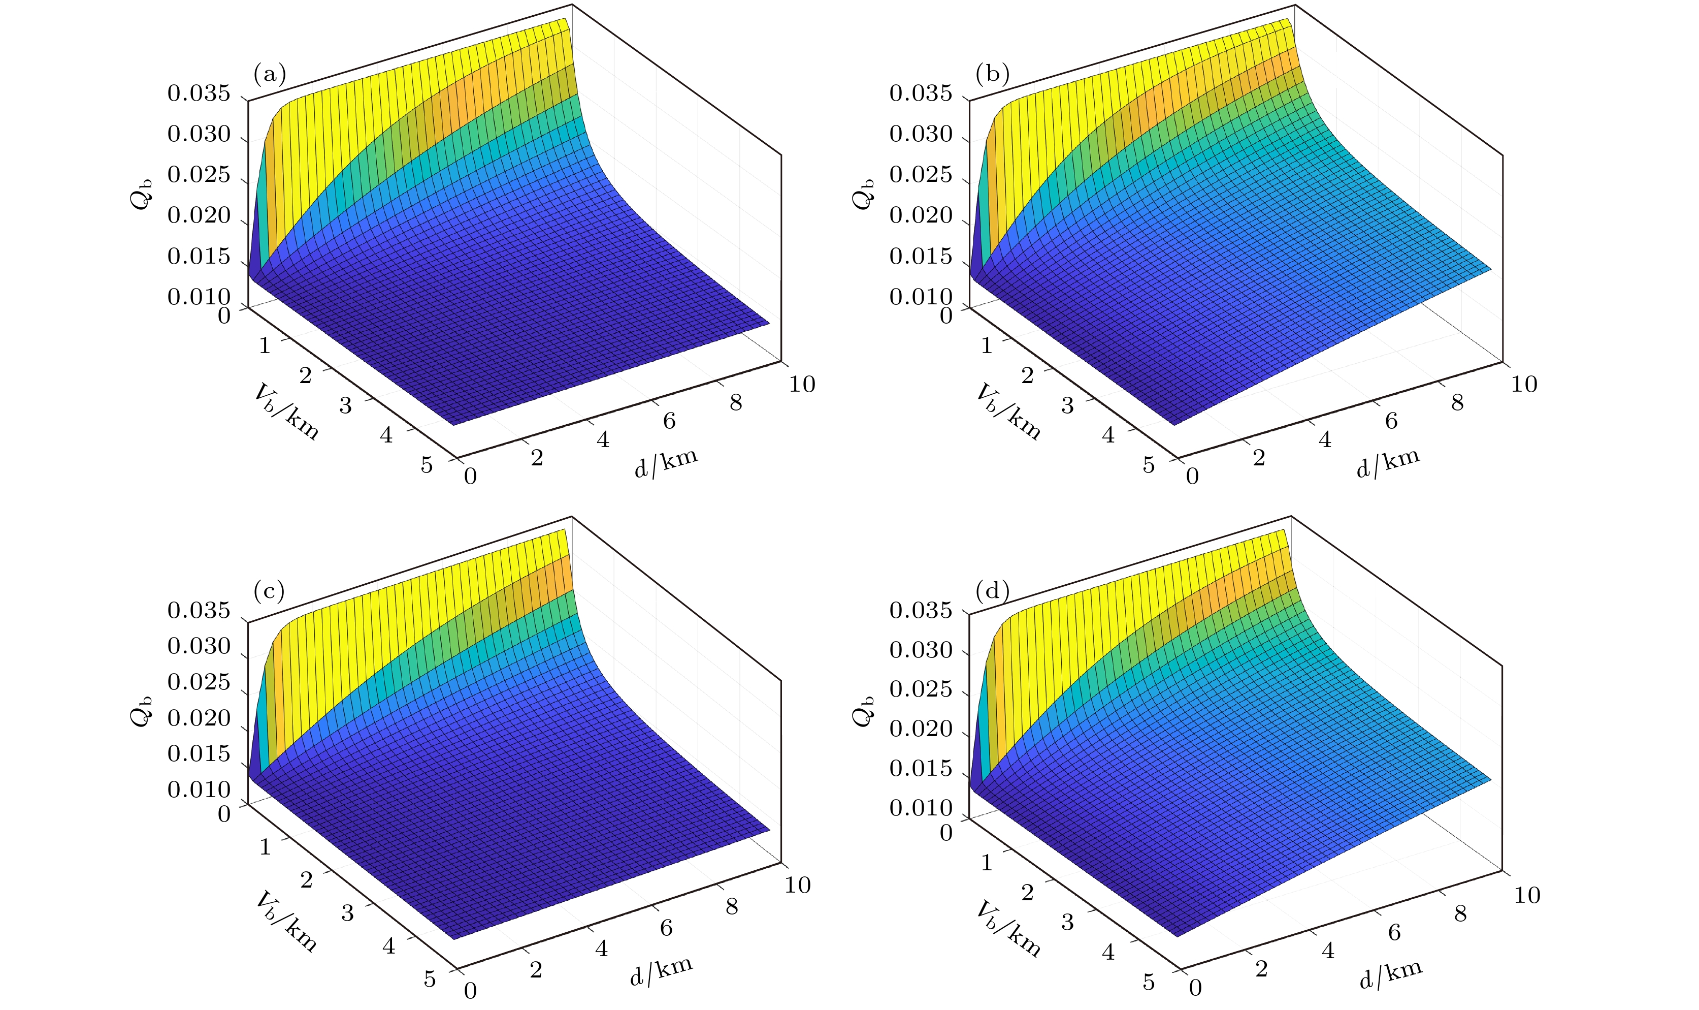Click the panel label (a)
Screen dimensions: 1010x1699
tap(269, 74)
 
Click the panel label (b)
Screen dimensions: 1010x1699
tap(992, 74)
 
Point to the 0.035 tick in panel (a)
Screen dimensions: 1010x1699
tap(199, 93)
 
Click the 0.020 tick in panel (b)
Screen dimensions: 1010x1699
tap(921, 216)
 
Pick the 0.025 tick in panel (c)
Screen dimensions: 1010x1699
tap(199, 682)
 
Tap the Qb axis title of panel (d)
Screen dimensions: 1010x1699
tap(863, 711)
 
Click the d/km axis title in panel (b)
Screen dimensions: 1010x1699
tap(1388, 463)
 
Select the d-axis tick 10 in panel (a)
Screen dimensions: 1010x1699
tap(802, 385)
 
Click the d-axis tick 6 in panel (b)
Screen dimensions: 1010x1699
tap(1391, 421)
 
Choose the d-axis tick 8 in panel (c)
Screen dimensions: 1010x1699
tap(732, 906)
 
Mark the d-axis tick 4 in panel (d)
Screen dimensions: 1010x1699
tap(1328, 951)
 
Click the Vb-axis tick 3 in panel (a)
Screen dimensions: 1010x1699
tap(345, 405)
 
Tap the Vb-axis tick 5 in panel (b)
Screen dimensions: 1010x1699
tap(1149, 465)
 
